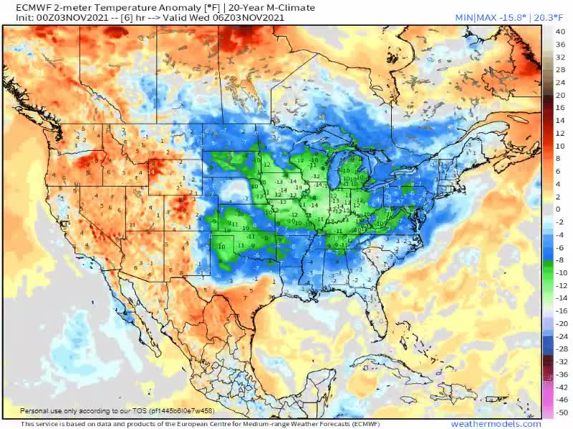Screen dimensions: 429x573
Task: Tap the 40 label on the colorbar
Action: click(562, 31)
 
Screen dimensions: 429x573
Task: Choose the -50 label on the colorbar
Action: click(562, 413)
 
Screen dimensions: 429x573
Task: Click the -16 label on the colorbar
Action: click(562, 311)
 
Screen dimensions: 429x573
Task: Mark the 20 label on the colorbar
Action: click(562, 94)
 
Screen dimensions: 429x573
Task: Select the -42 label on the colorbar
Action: click(562, 387)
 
